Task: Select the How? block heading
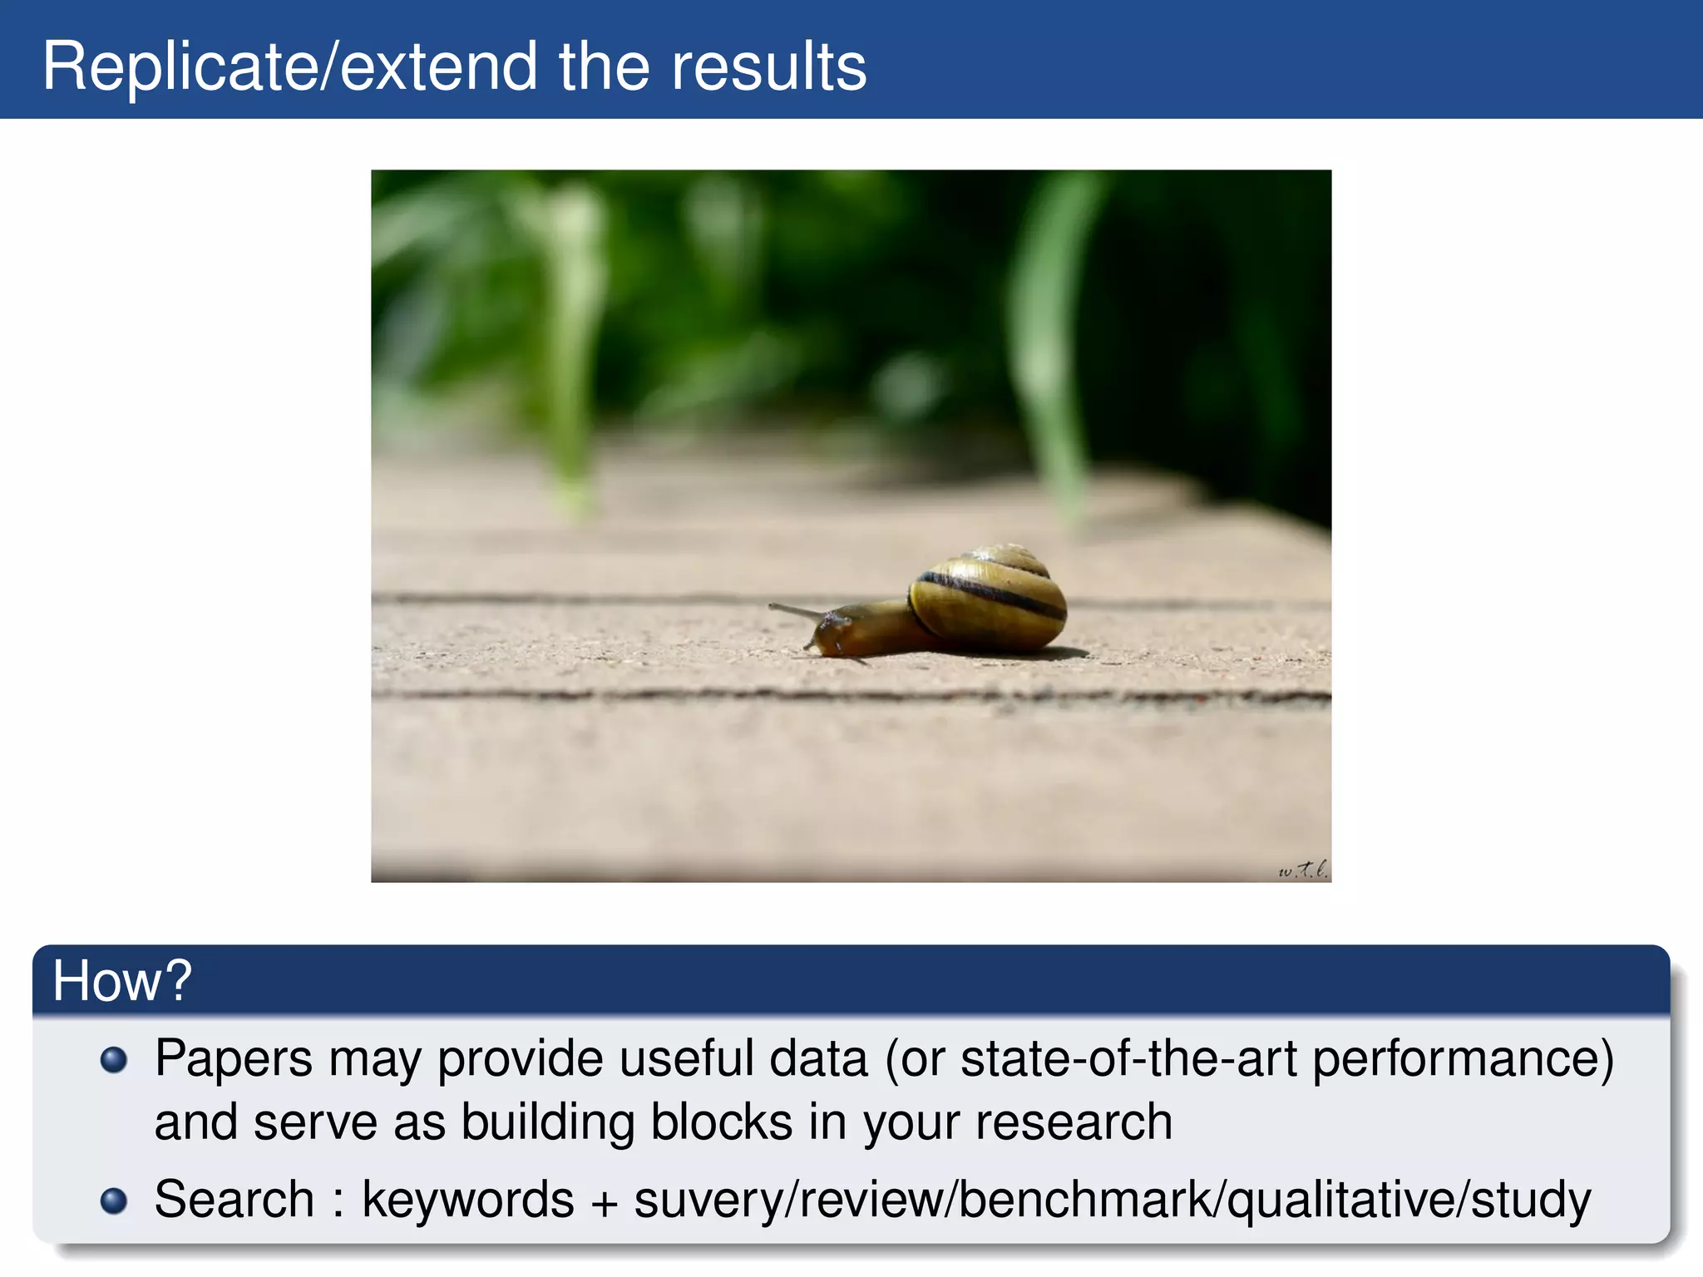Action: click(122, 980)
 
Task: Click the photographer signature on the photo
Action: click(1302, 870)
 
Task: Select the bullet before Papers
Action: click(113, 1060)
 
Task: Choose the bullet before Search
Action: click(113, 1201)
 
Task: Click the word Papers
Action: click(234, 1059)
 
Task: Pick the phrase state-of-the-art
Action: click(1128, 1059)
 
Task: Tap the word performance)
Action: click(1463, 1059)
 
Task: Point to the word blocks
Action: click(721, 1122)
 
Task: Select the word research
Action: click(1074, 1122)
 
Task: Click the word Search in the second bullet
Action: click(234, 1200)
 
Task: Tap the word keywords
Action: click(468, 1200)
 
